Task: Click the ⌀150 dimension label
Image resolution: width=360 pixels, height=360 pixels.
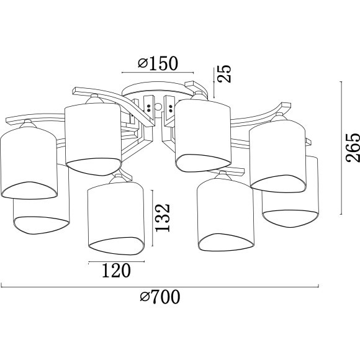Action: (158, 63)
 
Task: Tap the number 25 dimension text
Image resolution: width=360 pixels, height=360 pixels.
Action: (224, 73)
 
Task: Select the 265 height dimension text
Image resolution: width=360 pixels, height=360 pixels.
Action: (353, 148)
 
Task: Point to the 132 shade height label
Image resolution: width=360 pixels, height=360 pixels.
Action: (163, 218)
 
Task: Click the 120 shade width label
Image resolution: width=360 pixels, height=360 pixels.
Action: (116, 271)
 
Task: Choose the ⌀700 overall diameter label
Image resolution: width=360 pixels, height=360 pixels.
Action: (160, 297)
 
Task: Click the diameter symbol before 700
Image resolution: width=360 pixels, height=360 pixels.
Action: (145, 297)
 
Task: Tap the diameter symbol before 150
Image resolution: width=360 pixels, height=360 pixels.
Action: (143, 63)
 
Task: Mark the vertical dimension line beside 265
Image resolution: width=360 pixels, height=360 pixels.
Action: (341, 148)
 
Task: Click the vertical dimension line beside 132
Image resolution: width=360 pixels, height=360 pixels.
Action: (152, 218)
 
